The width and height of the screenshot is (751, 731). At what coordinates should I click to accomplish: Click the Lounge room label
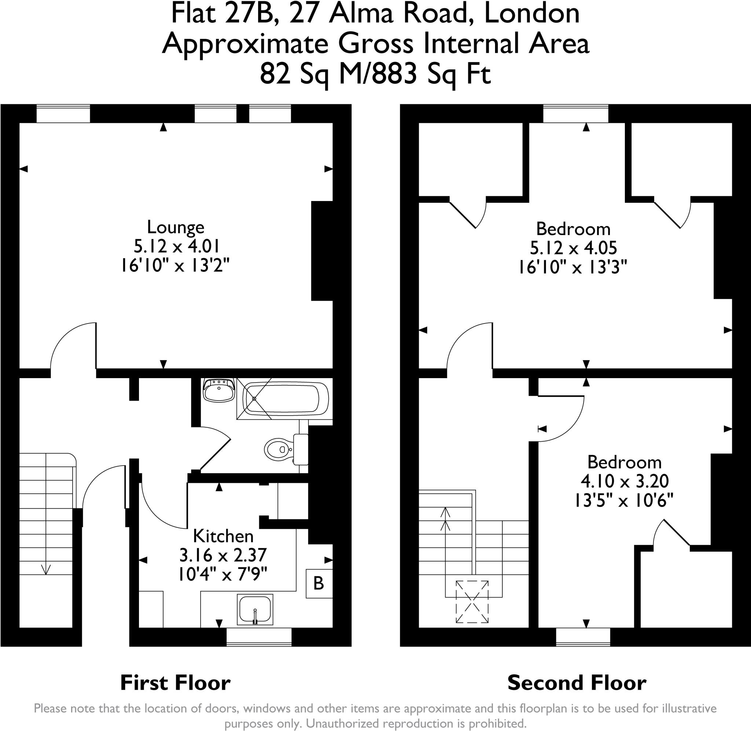pos(175,227)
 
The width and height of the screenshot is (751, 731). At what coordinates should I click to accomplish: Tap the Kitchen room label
pos(223,536)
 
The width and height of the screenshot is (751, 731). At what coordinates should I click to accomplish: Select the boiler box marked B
pos(319,583)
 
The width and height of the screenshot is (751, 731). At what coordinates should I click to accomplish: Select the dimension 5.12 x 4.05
pos(573,248)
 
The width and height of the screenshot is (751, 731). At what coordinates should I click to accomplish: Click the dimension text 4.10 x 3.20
pos(624,481)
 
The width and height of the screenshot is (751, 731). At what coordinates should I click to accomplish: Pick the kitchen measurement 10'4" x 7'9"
pos(223,574)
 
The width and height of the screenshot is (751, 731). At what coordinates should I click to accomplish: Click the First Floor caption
pos(175,683)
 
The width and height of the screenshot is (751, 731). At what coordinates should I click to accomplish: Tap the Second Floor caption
pos(576,683)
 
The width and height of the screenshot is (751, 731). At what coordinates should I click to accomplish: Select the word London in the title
pos(532,13)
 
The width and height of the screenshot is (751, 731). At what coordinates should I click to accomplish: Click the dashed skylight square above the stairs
pos(472,602)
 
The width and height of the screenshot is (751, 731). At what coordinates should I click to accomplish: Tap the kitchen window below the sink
pos(259,637)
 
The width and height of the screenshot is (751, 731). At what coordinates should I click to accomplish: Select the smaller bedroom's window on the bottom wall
pos(583,637)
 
